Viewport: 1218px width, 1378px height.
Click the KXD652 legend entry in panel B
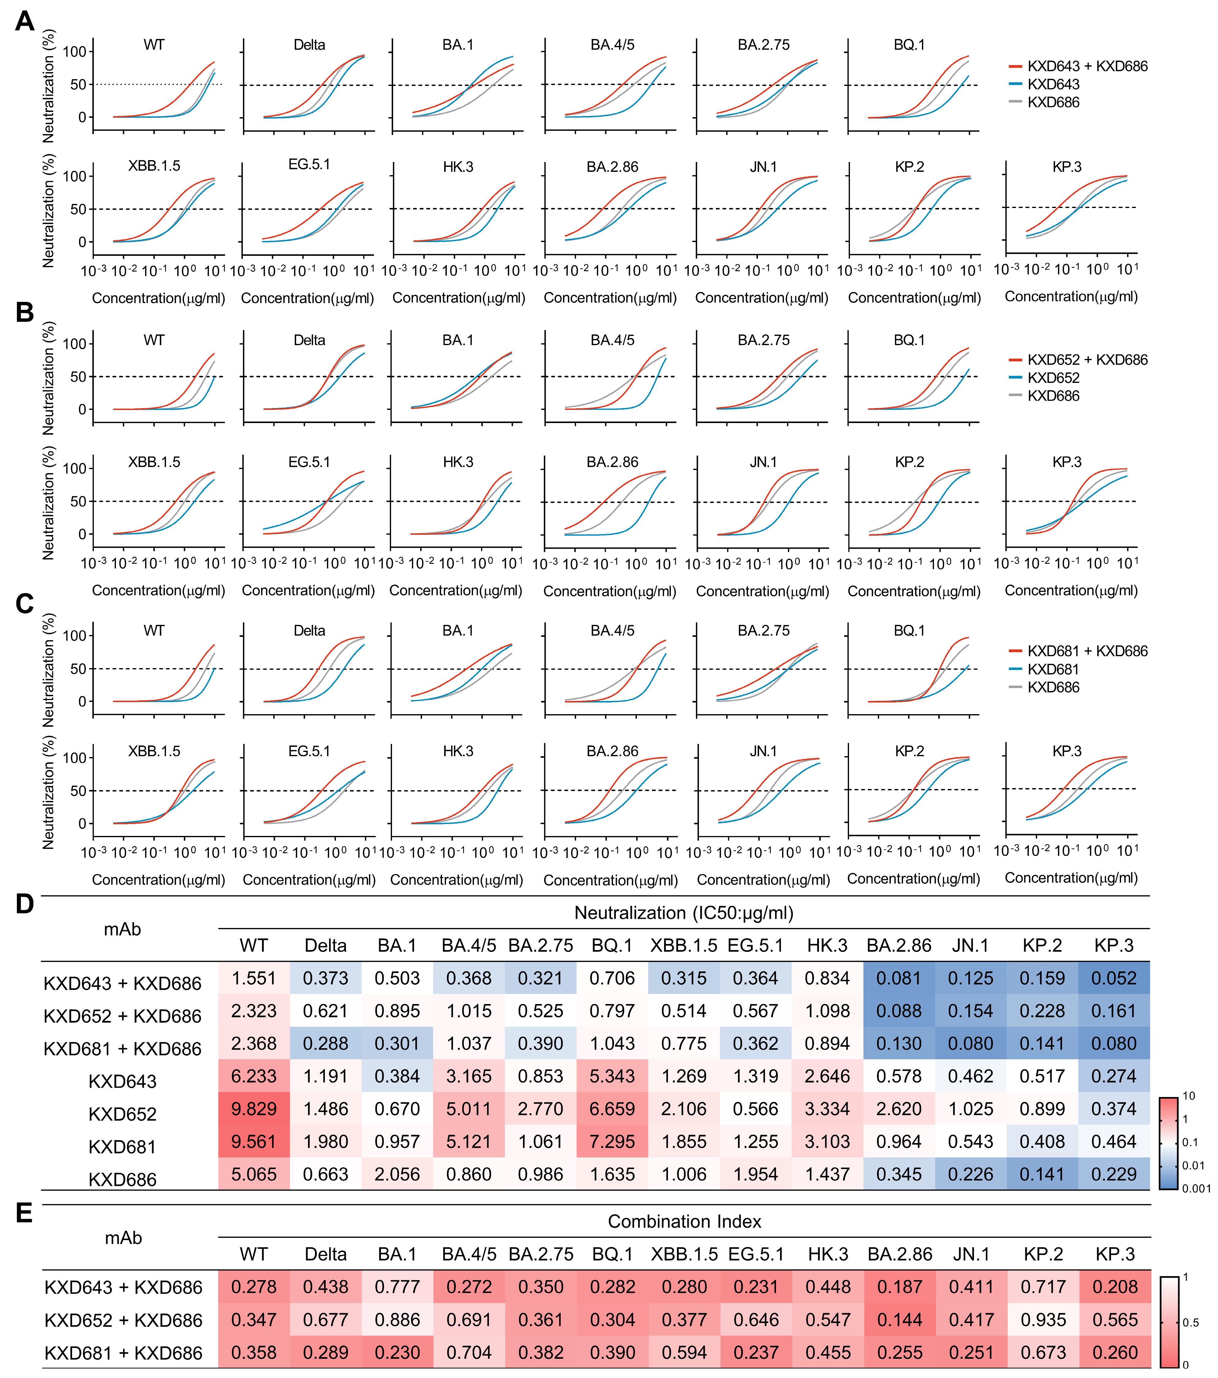pyautogui.click(x=1053, y=378)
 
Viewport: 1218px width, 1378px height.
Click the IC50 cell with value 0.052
pyautogui.click(x=1113, y=978)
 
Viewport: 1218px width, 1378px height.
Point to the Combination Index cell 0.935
pyautogui.click(x=1043, y=1320)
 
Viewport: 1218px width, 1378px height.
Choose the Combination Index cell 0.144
pyautogui.click(x=899, y=1320)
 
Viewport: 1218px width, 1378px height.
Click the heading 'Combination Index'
pyautogui.click(x=684, y=1222)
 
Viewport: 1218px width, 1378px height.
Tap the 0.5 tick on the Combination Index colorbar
pyautogui.click(x=1190, y=1323)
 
